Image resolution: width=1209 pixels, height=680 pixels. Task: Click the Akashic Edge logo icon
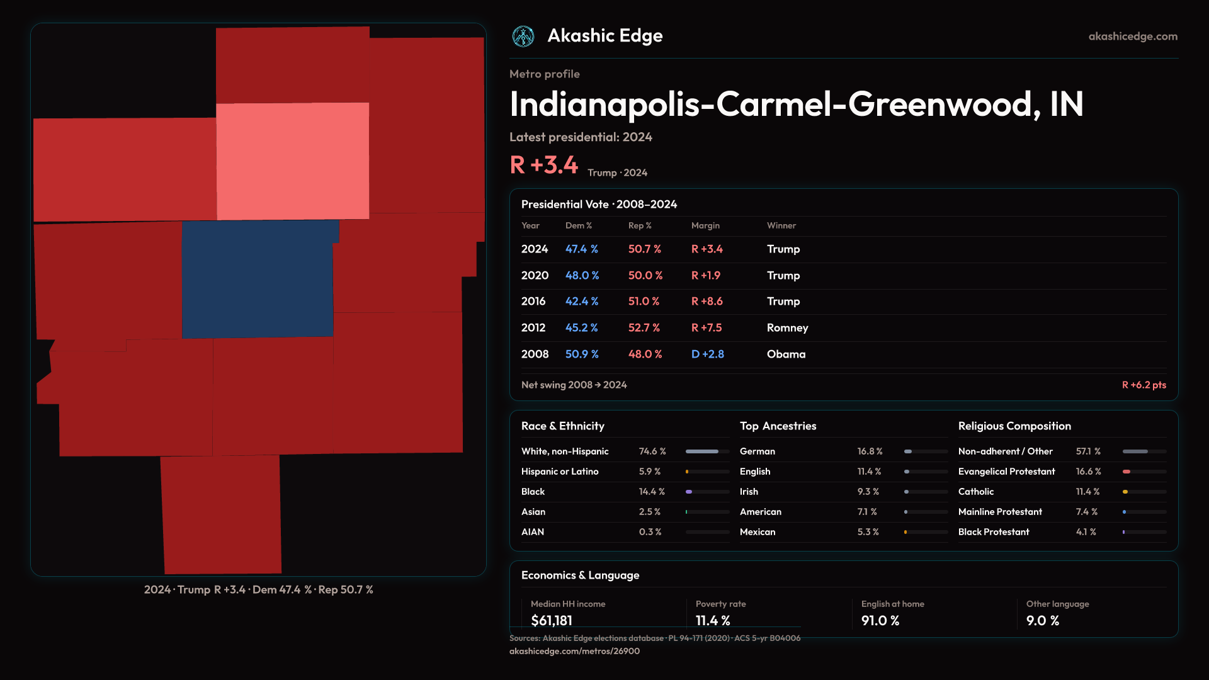point(523,37)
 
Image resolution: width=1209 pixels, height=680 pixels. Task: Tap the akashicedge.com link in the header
point(1133,37)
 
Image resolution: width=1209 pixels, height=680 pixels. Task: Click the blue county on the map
point(258,279)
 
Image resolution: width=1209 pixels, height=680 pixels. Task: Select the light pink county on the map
point(293,161)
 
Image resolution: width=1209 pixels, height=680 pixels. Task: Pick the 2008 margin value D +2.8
point(708,354)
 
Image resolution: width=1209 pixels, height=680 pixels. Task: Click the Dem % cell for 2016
point(582,301)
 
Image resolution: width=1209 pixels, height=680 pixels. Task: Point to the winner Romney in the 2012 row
point(787,327)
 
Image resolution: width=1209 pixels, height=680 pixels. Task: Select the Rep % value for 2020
point(645,275)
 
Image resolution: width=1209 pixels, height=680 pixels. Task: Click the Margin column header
point(705,225)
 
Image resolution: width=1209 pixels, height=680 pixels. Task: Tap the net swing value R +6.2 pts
point(1144,385)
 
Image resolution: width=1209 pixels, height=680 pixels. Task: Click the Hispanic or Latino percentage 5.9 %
point(650,472)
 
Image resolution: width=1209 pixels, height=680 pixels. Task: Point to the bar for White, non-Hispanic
point(707,451)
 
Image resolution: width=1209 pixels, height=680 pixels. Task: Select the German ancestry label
point(758,451)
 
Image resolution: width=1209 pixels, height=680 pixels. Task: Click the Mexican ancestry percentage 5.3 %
point(868,532)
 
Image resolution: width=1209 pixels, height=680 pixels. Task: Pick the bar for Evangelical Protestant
point(1144,472)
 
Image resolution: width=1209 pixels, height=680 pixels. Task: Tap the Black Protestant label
point(994,532)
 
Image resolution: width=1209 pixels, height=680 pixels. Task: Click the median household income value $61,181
point(552,620)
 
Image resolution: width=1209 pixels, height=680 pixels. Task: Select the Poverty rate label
point(720,604)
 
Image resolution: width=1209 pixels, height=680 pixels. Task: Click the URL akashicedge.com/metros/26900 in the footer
point(574,651)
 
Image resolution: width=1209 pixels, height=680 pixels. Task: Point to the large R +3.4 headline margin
point(544,165)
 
